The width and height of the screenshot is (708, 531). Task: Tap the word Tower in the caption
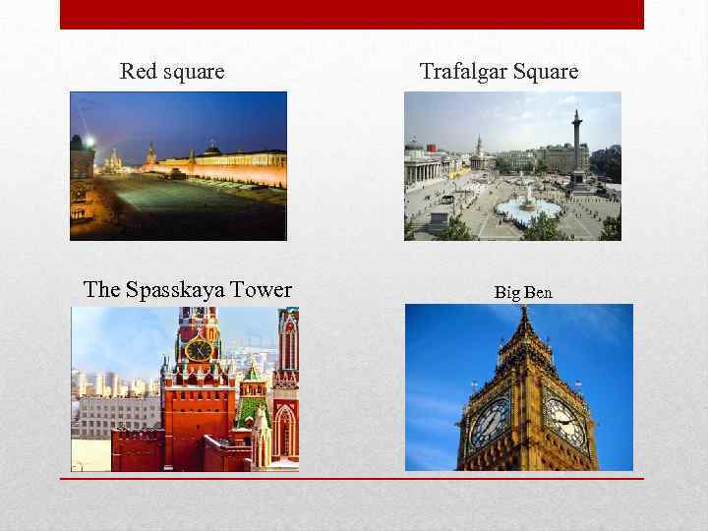261,289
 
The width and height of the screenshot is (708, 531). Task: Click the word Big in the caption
506,292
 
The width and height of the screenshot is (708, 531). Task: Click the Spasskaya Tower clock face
199,349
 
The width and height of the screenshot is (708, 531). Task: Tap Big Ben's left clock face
490,421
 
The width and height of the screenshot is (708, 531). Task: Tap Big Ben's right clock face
566,422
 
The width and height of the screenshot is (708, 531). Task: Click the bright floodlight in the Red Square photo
89,142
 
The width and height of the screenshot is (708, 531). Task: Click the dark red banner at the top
352,14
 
